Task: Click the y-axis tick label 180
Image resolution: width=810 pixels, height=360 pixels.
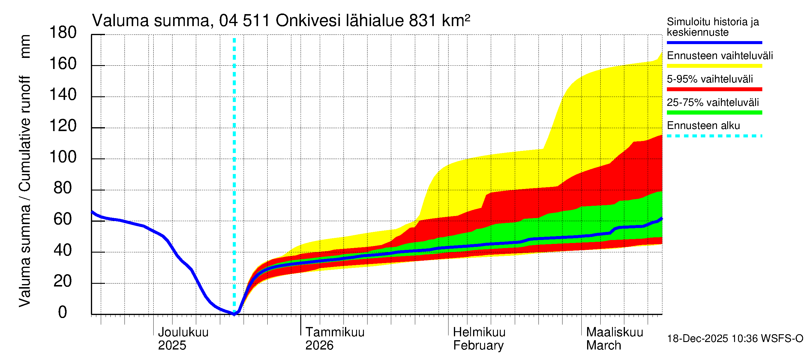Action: tap(63, 33)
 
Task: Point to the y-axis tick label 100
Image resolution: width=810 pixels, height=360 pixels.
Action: tap(63, 157)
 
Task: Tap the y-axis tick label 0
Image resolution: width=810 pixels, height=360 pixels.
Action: tap(63, 312)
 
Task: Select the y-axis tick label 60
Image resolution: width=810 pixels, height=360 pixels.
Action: tap(63, 219)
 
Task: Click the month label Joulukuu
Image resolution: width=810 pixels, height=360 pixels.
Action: tap(183, 332)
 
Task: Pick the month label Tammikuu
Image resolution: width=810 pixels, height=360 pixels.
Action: tap(334, 332)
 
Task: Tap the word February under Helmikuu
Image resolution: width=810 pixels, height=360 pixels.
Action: tap(478, 346)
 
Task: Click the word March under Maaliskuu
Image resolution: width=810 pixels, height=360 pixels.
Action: tap(603, 346)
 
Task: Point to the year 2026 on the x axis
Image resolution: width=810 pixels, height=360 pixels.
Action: tap(319, 346)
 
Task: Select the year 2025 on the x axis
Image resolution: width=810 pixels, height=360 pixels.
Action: tap(172, 346)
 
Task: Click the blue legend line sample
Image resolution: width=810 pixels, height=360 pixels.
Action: tap(714, 42)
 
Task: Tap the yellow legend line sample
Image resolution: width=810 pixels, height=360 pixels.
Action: tap(714, 66)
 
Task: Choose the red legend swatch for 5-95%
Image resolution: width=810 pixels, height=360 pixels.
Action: tap(714, 89)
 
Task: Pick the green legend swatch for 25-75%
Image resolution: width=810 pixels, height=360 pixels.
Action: tap(714, 112)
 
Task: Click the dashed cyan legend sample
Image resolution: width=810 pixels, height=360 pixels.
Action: tap(714, 136)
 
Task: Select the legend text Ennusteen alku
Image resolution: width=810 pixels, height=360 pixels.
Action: tap(703, 126)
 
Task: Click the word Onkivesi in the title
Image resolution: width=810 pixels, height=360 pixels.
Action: tap(308, 21)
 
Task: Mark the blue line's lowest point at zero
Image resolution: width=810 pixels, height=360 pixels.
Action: tap(234, 314)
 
